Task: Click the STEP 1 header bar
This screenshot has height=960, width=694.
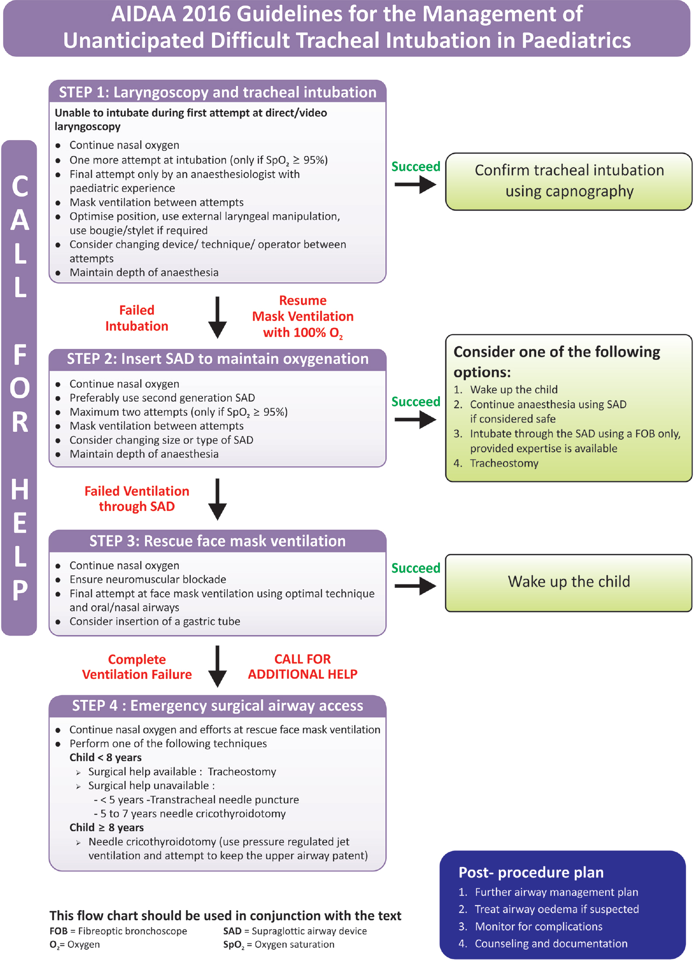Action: coord(217,92)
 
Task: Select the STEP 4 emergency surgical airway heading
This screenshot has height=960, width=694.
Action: coord(217,706)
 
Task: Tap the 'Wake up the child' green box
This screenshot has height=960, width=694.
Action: coord(568,582)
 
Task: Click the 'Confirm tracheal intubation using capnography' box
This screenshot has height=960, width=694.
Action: coord(568,181)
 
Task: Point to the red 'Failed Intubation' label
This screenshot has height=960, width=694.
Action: coord(137,318)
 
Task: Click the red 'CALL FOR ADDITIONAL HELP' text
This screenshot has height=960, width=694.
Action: coord(303,667)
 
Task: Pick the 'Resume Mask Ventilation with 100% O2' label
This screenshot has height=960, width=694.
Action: coord(303,316)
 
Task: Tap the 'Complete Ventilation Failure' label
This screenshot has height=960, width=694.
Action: coord(137,667)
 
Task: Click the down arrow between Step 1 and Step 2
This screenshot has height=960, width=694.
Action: coord(217,318)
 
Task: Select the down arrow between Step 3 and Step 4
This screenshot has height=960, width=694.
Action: coord(217,666)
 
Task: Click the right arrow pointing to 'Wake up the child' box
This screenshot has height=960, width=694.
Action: coord(415,586)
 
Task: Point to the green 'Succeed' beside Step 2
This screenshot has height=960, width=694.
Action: coord(415,402)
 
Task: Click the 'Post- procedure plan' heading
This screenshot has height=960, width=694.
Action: coord(531,872)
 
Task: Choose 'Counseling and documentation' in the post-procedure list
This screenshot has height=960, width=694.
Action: coord(551,943)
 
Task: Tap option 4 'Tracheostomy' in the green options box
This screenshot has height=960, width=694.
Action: coord(504,463)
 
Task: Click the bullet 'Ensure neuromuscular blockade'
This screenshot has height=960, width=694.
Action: coord(148,580)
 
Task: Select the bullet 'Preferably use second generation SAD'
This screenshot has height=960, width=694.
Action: coord(162,398)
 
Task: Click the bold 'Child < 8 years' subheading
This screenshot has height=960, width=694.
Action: coord(105,758)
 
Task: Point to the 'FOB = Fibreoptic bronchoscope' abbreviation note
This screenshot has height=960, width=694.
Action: coord(118,931)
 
